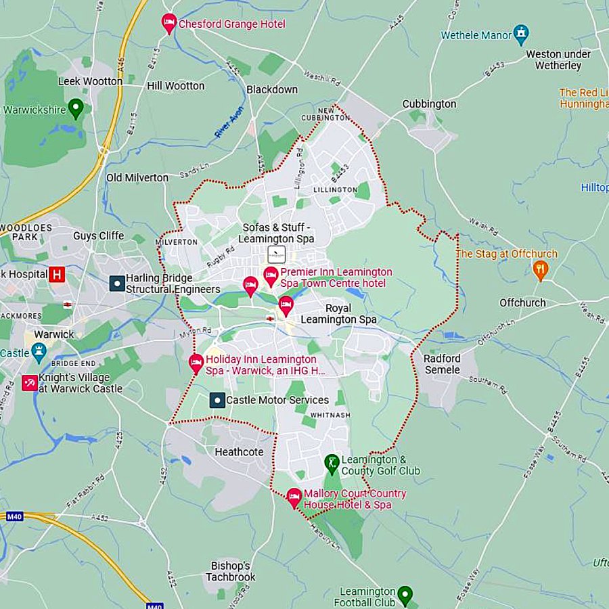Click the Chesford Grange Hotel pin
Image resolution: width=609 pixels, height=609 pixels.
click(x=169, y=22)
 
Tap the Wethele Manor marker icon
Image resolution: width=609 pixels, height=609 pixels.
click(x=520, y=32)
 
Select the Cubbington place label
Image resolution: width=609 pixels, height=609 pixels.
click(x=429, y=104)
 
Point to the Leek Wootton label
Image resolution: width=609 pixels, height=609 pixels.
click(x=91, y=81)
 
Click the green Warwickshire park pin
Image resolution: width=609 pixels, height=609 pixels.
click(x=76, y=108)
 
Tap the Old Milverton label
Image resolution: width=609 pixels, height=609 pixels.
click(x=137, y=177)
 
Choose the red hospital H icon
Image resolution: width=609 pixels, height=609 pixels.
click(x=58, y=274)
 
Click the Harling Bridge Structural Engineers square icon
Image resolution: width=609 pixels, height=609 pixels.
click(x=117, y=283)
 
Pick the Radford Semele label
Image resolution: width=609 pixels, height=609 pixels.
click(x=442, y=364)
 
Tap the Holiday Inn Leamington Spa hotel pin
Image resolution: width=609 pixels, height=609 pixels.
click(x=196, y=363)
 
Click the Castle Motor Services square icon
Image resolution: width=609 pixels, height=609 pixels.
click(x=217, y=401)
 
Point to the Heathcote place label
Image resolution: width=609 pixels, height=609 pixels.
click(x=239, y=451)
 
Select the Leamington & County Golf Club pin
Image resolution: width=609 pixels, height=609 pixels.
click(x=332, y=463)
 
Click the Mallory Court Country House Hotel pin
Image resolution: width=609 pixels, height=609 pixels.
click(x=294, y=497)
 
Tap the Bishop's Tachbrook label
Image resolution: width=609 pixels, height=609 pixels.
click(x=231, y=571)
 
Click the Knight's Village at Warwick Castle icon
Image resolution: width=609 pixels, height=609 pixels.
click(x=30, y=383)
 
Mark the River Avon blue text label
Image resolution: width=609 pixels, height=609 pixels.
click(x=229, y=123)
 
